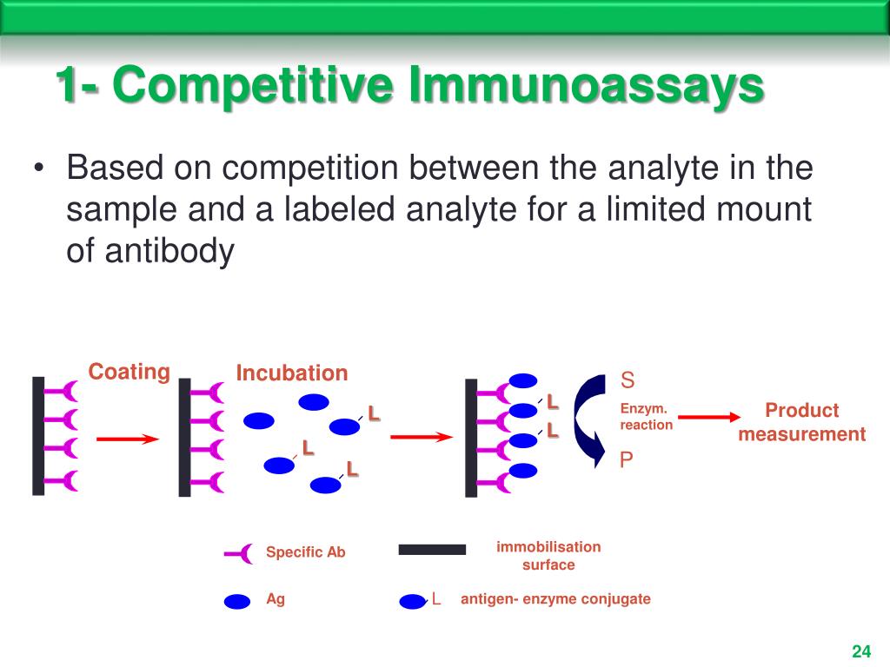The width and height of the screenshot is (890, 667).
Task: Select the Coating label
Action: point(129,372)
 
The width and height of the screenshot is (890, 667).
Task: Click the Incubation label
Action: point(291,373)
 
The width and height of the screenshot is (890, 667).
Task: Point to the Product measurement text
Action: point(801,422)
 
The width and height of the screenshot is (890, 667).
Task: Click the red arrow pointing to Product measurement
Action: point(703,418)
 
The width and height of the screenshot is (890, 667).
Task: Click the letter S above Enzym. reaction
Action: point(628,380)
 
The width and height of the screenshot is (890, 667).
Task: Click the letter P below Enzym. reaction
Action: point(627,460)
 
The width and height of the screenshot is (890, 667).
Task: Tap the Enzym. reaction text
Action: point(646,417)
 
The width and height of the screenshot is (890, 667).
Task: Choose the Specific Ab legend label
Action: point(305,552)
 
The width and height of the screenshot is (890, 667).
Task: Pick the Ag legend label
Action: point(276,599)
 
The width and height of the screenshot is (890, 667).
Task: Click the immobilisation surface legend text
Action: point(548,556)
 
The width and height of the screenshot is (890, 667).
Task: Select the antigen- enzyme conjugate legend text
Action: point(555,599)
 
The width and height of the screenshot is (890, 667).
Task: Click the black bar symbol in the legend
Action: point(432,550)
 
